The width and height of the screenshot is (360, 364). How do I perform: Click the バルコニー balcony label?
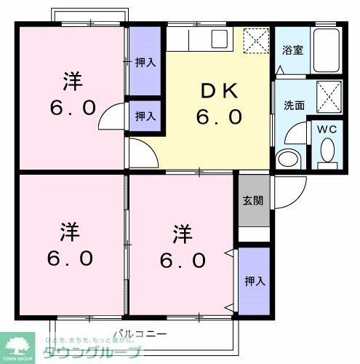click(x=140, y=335)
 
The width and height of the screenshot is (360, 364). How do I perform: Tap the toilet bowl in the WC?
click(x=327, y=152)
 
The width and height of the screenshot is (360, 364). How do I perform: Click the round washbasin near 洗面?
click(x=287, y=159)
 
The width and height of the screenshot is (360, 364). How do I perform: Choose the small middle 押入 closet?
click(x=145, y=115)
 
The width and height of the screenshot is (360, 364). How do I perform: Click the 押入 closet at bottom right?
click(x=253, y=280)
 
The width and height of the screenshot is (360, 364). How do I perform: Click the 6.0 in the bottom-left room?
click(x=71, y=258)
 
